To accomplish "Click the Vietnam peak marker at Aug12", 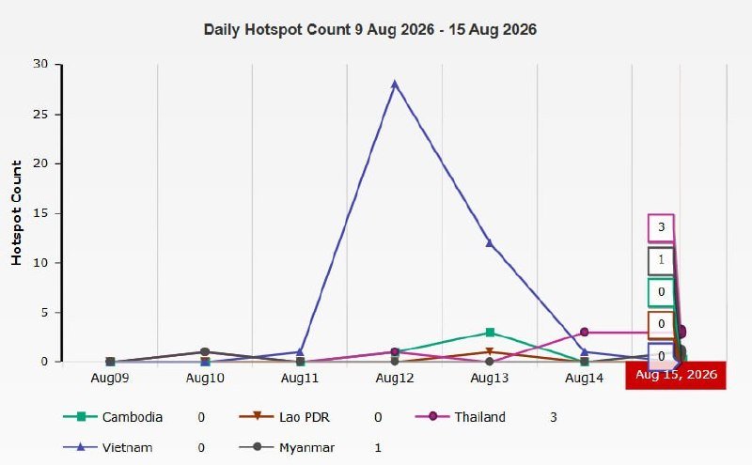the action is (395, 85).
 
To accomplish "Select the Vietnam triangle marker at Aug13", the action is (489, 243).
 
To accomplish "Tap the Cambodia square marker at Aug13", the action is (490, 333).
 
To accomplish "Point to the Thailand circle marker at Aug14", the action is (584, 333).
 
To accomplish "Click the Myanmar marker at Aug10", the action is (205, 352).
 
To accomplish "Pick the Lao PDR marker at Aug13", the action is (489, 352).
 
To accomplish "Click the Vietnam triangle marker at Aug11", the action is (300, 352).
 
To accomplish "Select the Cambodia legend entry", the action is (113, 417).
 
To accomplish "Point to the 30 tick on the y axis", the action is (40, 64).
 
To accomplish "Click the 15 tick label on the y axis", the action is (40, 213).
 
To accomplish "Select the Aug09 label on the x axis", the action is (110, 378).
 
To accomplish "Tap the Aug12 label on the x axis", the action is (395, 378).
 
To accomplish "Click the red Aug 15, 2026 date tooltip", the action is (676, 376).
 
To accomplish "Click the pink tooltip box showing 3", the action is (662, 227).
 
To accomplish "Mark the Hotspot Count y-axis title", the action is (16, 213).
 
